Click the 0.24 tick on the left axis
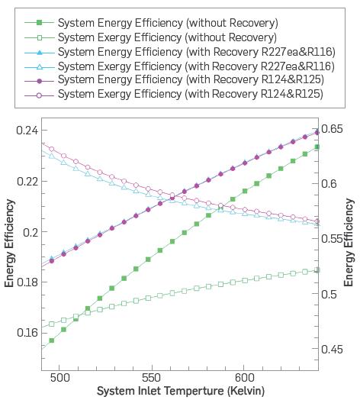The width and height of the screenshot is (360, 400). (26, 131)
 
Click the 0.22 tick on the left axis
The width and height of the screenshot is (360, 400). (26, 182)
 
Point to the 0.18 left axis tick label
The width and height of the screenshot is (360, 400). (26, 282)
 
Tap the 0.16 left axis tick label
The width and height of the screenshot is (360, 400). (26, 333)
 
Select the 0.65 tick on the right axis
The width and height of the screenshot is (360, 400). (333, 129)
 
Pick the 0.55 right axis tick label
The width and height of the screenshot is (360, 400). (333, 239)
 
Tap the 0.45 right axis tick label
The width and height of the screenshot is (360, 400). (333, 350)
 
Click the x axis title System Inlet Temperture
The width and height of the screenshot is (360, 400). (180, 392)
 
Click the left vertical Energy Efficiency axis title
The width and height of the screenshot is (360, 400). (10, 243)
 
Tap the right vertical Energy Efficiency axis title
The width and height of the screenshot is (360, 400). (350, 243)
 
